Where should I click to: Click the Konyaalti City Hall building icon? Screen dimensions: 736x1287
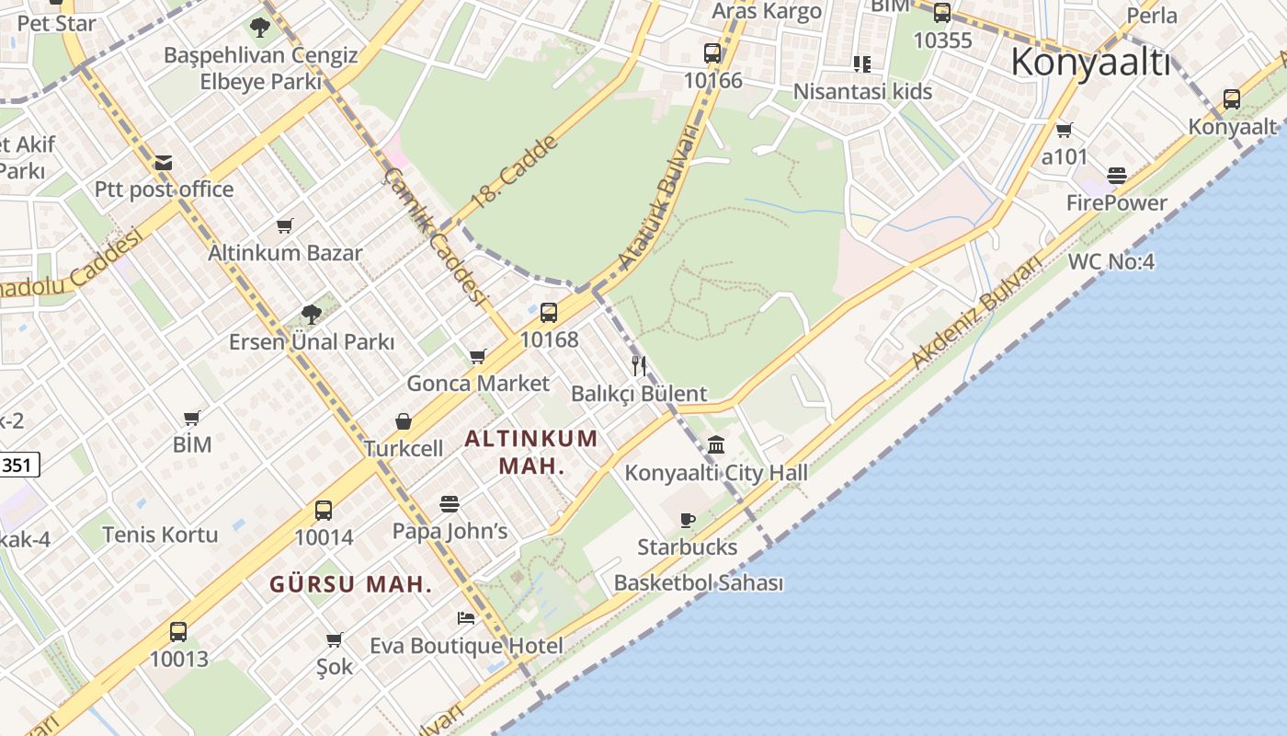(717, 445)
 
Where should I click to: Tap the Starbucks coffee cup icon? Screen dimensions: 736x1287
(687, 520)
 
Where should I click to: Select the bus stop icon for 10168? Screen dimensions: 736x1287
(549, 313)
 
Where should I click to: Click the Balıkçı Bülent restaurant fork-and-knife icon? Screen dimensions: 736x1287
(639, 366)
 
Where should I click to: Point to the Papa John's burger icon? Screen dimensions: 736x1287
(450, 504)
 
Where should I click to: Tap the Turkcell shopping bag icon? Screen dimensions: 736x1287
(404, 421)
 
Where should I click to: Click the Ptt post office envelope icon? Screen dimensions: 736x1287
(164, 163)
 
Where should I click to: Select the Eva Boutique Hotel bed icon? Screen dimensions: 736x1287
(466, 617)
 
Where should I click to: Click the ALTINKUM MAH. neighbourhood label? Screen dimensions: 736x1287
(531, 452)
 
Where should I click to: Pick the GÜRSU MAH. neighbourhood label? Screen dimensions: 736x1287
(350, 584)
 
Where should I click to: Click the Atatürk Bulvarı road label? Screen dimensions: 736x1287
(658, 197)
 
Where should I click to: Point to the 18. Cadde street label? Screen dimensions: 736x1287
(513, 172)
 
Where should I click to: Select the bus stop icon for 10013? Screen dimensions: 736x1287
(178, 632)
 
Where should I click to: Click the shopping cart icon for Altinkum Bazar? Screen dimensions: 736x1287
(285, 225)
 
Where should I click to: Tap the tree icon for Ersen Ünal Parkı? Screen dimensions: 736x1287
(312, 314)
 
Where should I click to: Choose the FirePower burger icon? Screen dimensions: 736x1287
(1117, 176)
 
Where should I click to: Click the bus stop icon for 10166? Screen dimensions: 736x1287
(712, 53)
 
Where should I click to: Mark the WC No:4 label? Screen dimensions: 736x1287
(1110, 262)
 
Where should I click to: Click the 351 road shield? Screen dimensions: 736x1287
(18, 466)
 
